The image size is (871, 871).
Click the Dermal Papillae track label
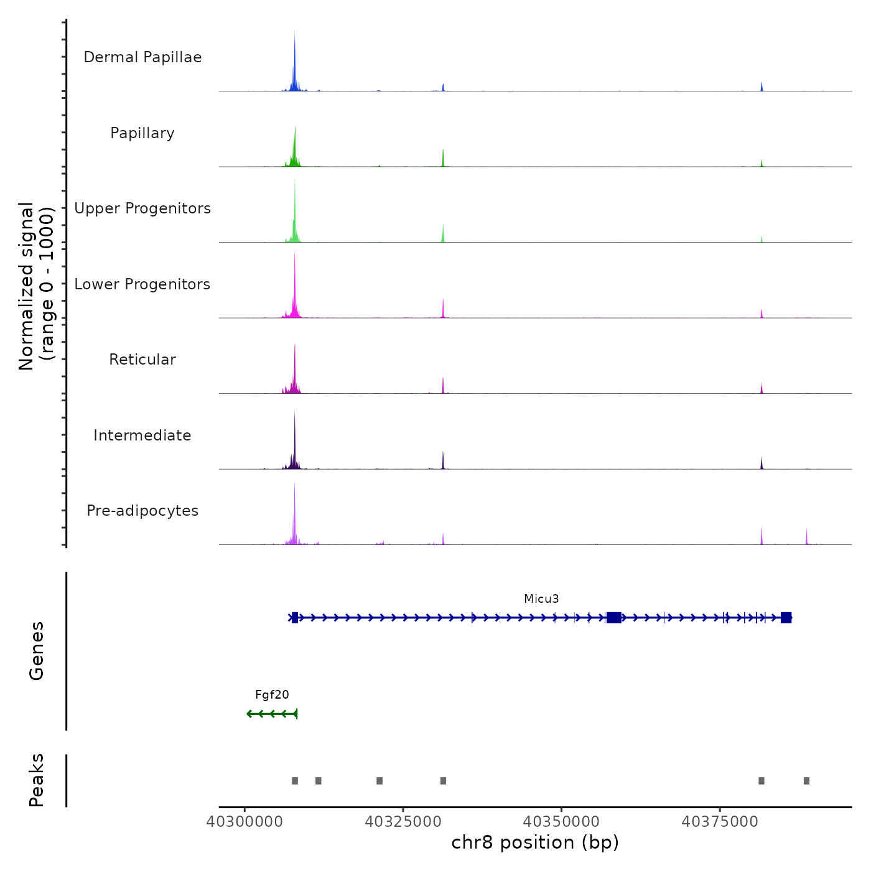[142, 57]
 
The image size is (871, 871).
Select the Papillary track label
[142, 133]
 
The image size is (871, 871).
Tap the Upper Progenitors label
[142, 208]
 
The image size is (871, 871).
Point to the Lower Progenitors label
[142, 284]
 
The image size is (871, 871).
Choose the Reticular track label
[142, 360]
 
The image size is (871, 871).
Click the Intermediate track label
[142, 435]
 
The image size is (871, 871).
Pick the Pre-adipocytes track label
[142, 511]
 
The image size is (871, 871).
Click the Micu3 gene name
[541, 599]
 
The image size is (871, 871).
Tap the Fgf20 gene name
[272, 695]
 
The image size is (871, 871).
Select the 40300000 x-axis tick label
[245, 822]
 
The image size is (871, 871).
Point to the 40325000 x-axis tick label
[403, 822]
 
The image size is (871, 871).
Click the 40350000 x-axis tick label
[561, 822]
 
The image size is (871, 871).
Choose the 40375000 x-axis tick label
[720, 822]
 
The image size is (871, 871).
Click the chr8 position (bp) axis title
[535, 842]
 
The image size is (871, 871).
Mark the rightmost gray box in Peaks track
[806, 781]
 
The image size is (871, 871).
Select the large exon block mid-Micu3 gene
[614, 617]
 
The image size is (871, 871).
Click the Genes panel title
[36, 651]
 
